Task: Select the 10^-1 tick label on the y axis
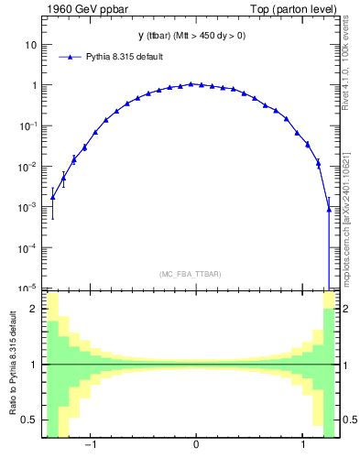[27, 125]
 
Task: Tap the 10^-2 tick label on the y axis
[27, 167]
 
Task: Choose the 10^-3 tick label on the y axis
[27, 207]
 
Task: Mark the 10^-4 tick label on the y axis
[27, 248]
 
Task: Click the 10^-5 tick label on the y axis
[27, 288]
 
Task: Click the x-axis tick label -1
[91, 446]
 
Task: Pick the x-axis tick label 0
[196, 446]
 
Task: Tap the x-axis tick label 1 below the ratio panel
[303, 446]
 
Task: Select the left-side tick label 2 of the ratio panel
[34, 309]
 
